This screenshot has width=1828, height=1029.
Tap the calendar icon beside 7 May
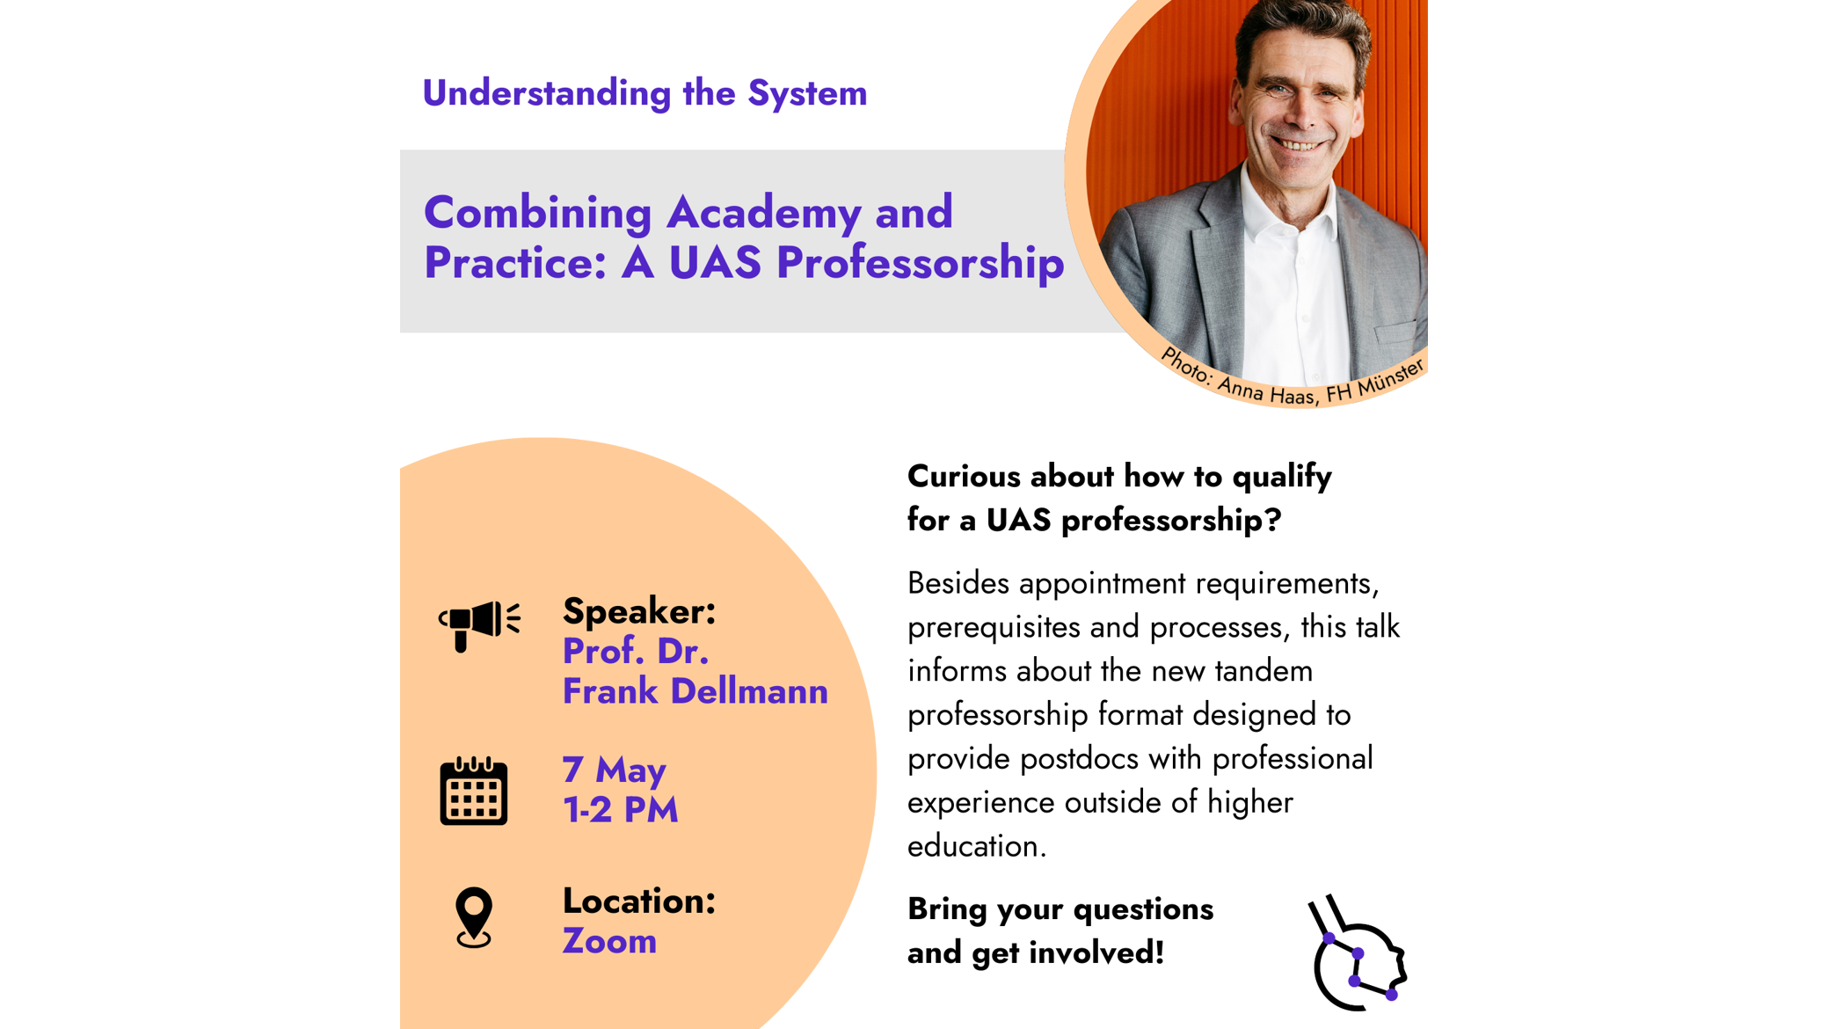(x=474, y=791)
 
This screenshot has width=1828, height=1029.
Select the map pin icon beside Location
(x=474, y=917)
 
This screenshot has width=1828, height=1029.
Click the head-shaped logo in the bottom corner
(x=1358, y=952)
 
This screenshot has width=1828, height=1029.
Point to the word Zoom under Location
(x=609, y=941)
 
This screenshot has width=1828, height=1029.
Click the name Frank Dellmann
(x=695, y=691)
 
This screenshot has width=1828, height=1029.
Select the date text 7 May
(x=614, y=770)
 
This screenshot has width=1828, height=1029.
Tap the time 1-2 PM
(x=620, y=810)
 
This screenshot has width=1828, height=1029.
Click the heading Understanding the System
(x=645, y=93)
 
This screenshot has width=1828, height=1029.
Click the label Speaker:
(x=639, y=611)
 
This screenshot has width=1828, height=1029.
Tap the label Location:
(x=639, y=901)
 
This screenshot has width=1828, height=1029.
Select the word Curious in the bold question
(x=964, y=477)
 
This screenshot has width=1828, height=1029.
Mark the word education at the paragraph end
(x=977, y=846)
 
